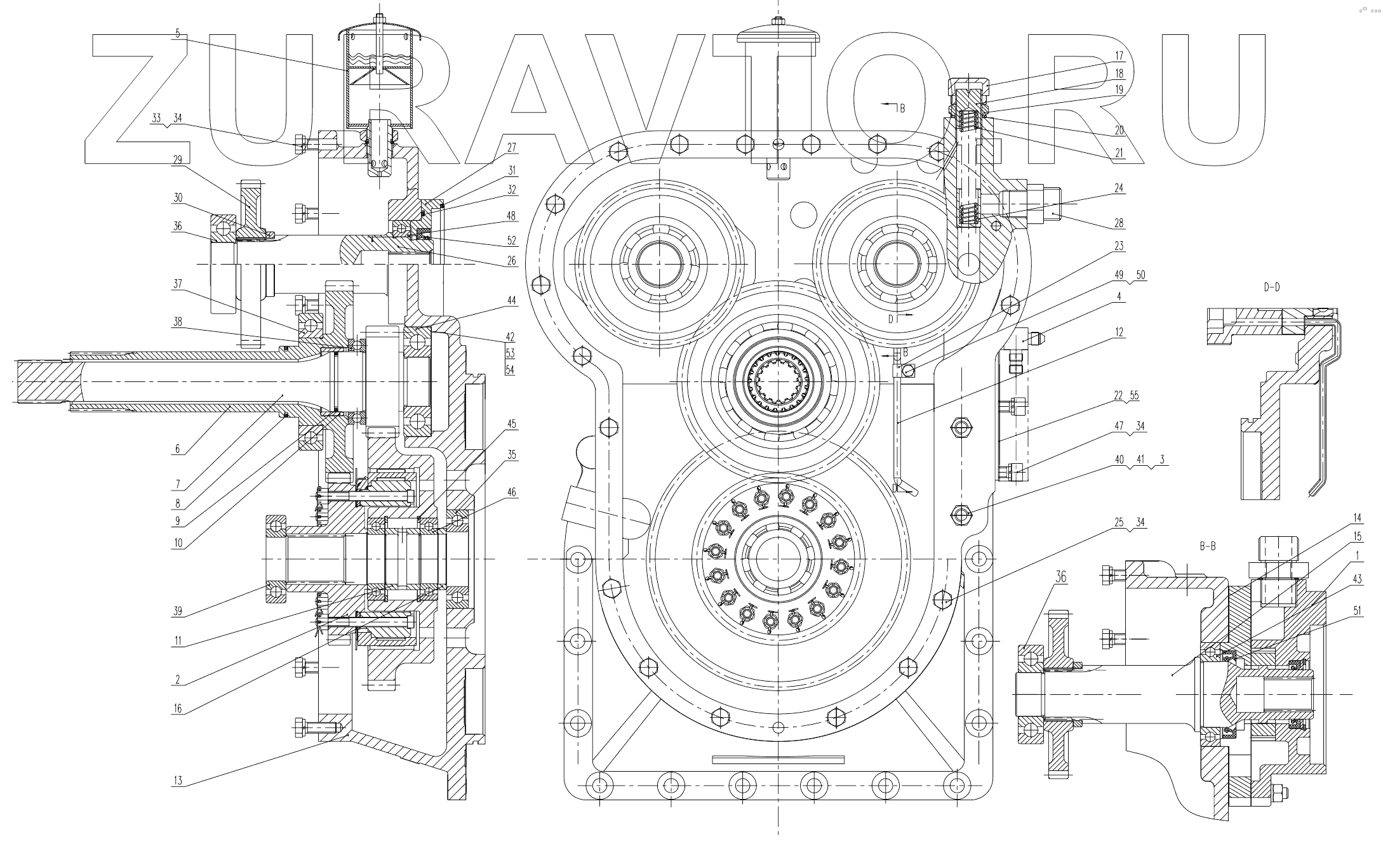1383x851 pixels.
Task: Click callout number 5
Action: pyautogui.click(x=178, y=33)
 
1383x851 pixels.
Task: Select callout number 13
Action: pyautogui.click(x=178, y=781)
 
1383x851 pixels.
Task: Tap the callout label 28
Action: pyautogui.click(x=1119, y=223)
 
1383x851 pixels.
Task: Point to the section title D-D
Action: pyautogui.click(x=1271, y=287)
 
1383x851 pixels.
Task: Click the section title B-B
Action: pyautogui.click(x=1207, y=546)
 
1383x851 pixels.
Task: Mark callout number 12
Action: pyautogui.click(x=1119, y=332)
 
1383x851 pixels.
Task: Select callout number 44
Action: pyautogui.click(x=511, y=300)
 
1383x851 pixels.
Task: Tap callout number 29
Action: pyautogui.click(x=178, y=161)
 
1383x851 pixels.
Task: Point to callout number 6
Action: pyautogui.click(x=178, y=449)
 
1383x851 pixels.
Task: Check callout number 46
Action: pyautogui.click(x=511, y=492)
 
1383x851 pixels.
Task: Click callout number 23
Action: pyautogui.click(x=1119, y=246)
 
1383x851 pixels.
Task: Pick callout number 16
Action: pyautogui.click(x=178, y=709)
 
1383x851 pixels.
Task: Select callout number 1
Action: pyautogui.click(x=1353, y=555)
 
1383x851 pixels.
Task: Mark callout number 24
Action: pyautogui.click(x=1119, y=188)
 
